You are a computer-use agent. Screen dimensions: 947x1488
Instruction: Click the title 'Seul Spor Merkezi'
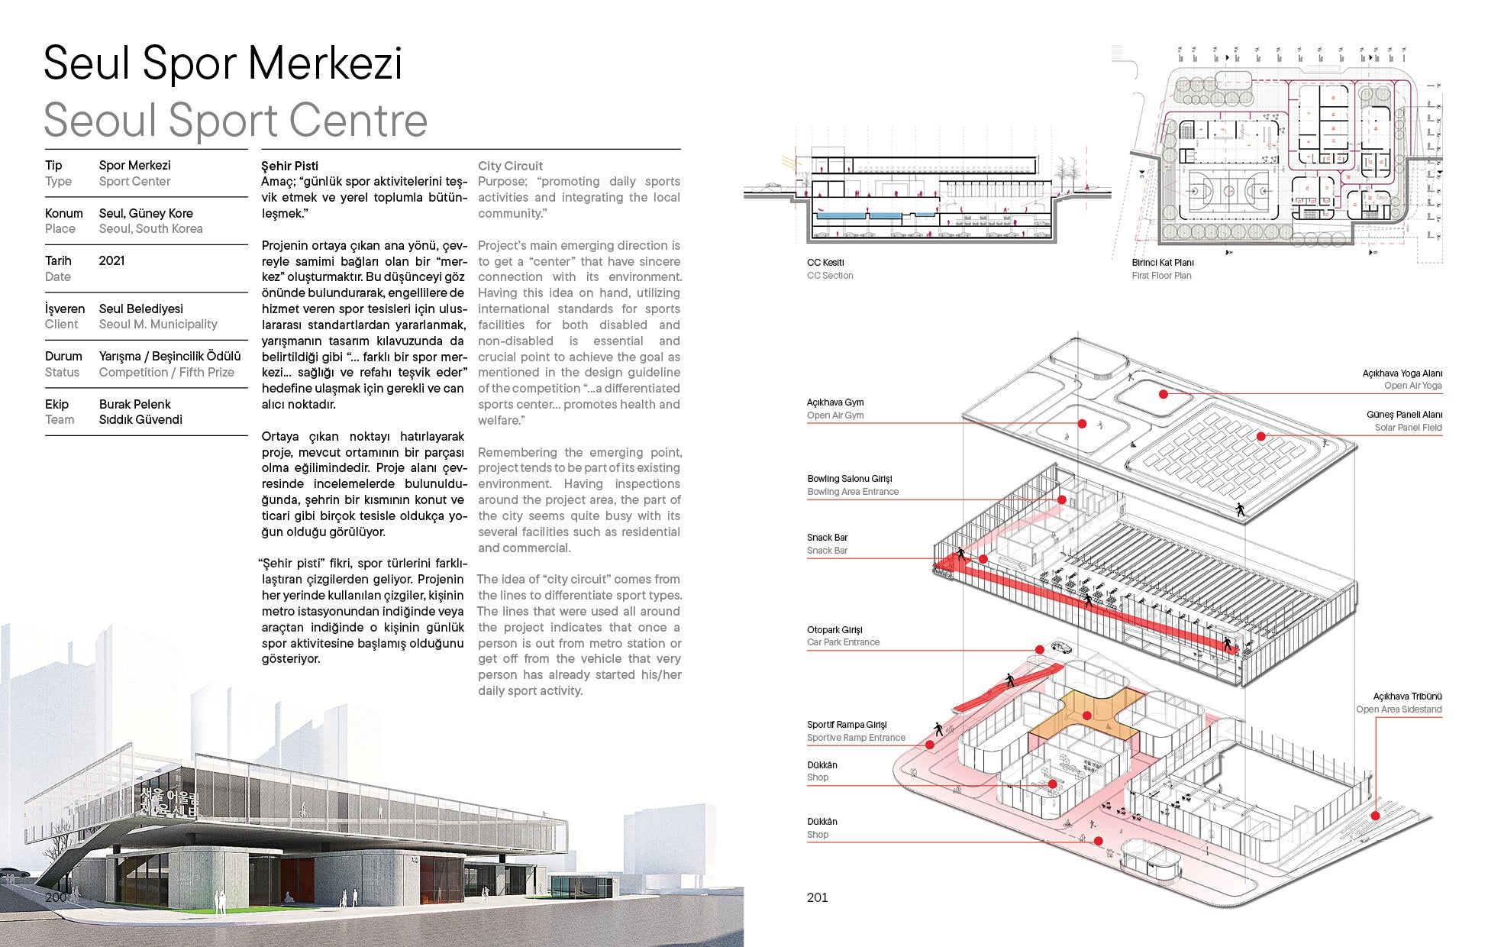222,63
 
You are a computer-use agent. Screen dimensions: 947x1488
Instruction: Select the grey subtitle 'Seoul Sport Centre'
235,121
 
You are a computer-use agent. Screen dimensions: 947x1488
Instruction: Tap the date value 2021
111,261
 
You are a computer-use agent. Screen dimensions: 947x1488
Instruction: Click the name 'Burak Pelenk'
134,404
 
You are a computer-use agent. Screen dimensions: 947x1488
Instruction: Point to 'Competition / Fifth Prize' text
166,373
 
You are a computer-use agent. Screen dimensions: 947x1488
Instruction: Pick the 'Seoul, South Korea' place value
150,229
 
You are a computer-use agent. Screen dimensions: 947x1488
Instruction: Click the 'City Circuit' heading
510,166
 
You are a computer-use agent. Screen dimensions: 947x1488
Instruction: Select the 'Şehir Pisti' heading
289,166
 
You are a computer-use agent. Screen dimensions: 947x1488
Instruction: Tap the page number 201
817,897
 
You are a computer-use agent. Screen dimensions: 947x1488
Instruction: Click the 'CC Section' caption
830,276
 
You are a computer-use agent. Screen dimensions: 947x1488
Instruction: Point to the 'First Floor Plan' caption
1161,276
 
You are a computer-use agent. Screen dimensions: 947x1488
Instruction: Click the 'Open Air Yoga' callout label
1412,386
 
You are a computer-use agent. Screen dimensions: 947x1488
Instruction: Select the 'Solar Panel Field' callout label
1408,428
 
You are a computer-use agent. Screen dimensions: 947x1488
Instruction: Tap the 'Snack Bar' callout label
827,551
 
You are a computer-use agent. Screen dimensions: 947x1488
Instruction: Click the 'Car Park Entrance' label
843,642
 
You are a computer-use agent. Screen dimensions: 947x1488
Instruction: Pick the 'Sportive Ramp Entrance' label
856,738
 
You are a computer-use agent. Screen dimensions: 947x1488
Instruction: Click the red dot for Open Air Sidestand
1375,816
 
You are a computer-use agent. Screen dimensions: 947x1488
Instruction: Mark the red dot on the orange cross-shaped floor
1086,716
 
